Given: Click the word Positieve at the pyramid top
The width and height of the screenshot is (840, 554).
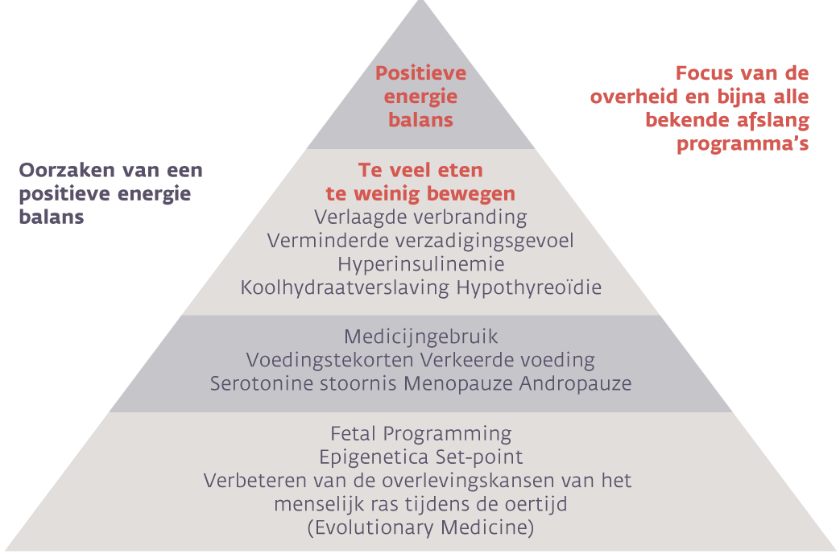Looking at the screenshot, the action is click(420, 72).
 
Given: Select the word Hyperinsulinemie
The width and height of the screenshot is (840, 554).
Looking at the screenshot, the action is click(421, 265).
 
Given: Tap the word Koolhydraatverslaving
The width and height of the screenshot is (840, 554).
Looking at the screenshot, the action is click(345, 287).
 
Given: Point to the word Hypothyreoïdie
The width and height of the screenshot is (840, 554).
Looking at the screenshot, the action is click(529, 287).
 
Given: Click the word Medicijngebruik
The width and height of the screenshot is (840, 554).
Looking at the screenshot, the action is click(421, 337).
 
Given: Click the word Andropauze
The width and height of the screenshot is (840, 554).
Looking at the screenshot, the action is click(575, 383).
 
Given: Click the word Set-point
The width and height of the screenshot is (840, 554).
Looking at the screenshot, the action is click(479, 457).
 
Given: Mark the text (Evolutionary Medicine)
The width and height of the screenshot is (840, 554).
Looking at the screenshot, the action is click(421, 527).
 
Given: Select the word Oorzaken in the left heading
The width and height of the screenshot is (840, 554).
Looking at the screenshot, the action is click(67, 171).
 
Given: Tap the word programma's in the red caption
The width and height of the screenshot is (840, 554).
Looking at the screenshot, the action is click(743, 144).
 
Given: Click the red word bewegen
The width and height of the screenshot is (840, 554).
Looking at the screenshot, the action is click(467, 194).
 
